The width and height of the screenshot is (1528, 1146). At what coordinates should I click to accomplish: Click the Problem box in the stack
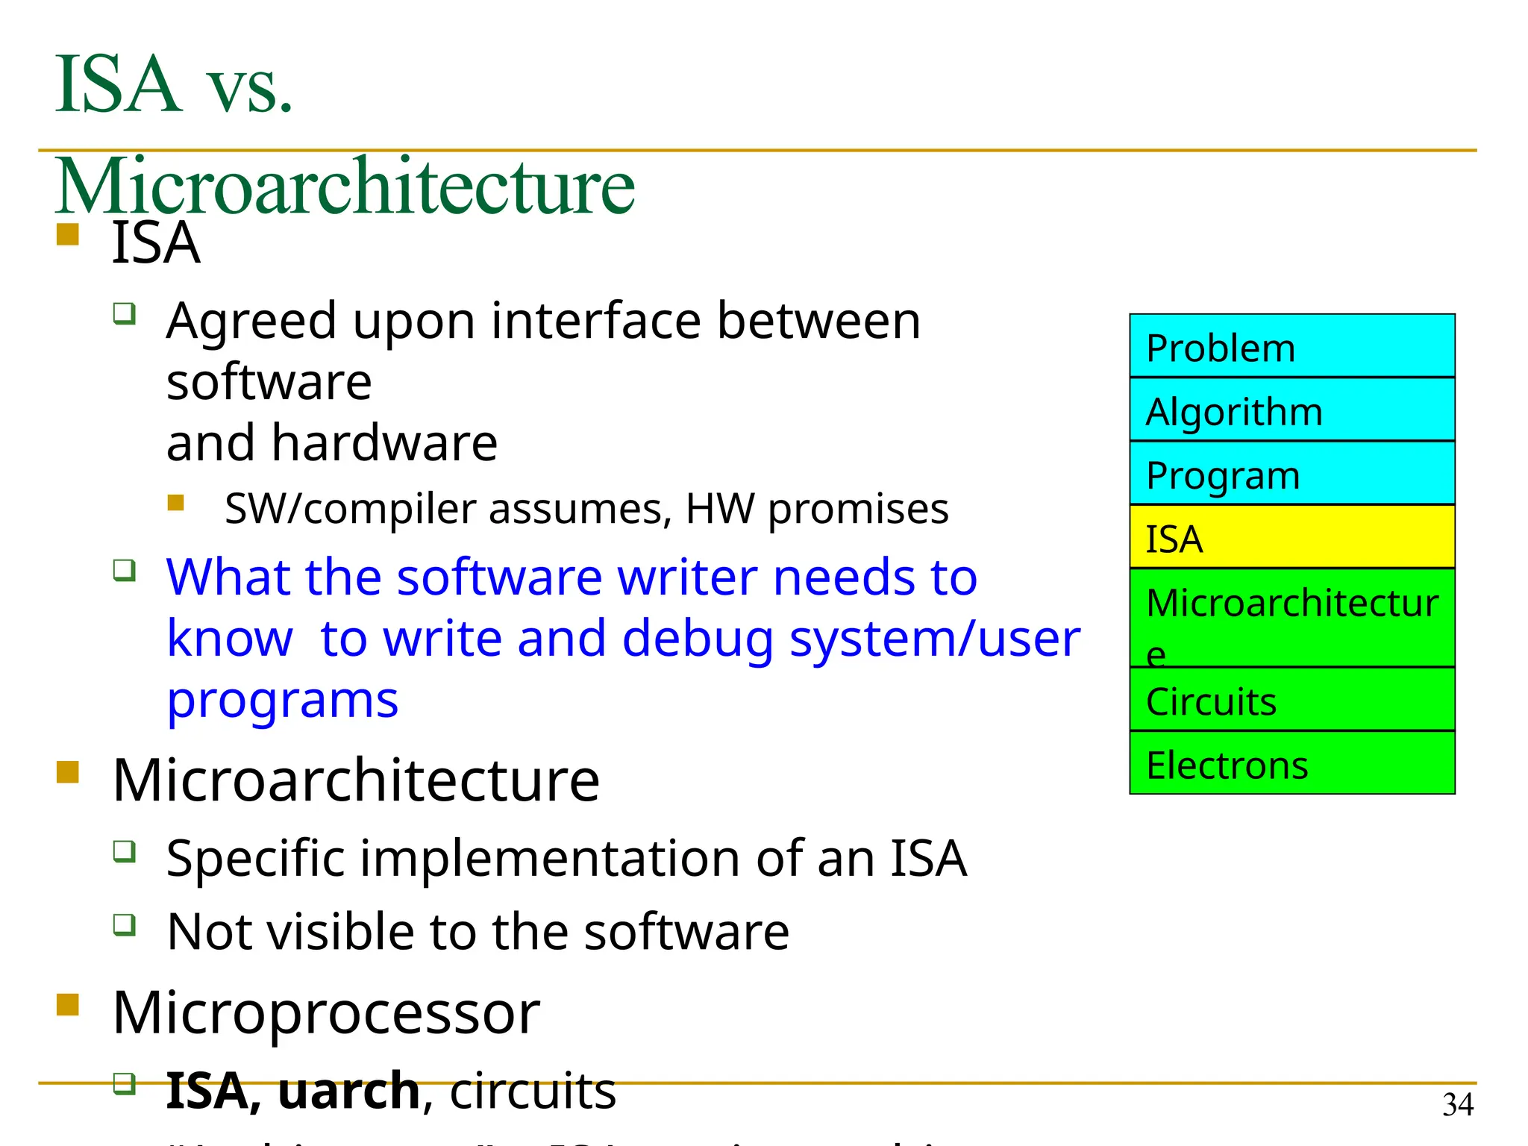pos(1291,346)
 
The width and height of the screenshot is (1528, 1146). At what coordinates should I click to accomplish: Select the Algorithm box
pos(1291,410)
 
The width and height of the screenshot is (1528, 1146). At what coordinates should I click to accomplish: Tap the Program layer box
pos(1291,474)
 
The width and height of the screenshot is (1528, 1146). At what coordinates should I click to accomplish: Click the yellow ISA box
pos(1291,537)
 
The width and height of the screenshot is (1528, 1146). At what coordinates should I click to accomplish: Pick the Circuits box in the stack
pos(1291,700)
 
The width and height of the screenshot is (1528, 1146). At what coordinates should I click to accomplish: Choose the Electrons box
pos(1291,763)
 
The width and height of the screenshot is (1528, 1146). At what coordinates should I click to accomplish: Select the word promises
pos(858,510)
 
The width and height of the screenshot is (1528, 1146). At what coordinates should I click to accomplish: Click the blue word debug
pos(698,640)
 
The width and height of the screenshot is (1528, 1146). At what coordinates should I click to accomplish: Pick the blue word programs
pos(282,701)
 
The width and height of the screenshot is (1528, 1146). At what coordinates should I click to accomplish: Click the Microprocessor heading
pos(326,1012)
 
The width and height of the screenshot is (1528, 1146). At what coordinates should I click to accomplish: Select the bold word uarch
pos(348,1092)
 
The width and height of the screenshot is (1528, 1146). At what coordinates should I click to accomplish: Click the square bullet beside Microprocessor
pos(68,1004)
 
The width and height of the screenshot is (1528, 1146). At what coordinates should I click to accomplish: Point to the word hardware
pos(384,443)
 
